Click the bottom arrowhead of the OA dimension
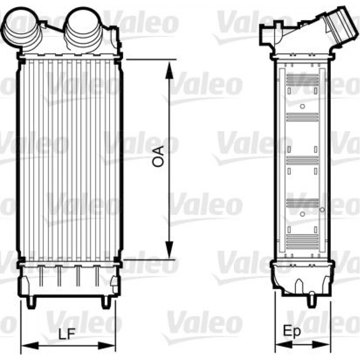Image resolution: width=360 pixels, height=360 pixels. (x=168, y=250)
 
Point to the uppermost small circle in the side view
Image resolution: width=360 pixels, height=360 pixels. (x=302, y=106)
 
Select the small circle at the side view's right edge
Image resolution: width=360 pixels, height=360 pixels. (x=322, y=209)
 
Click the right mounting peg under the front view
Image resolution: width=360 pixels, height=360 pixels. (x=106, y=302)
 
